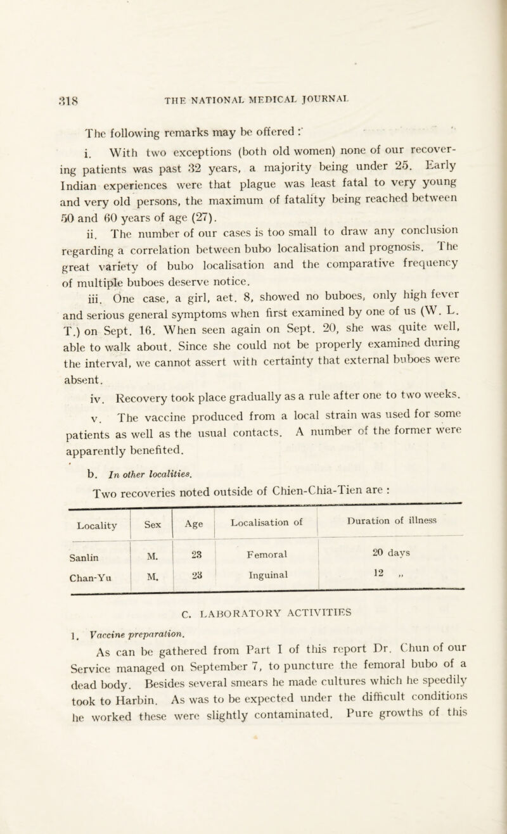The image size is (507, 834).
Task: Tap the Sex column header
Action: point(150,472)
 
